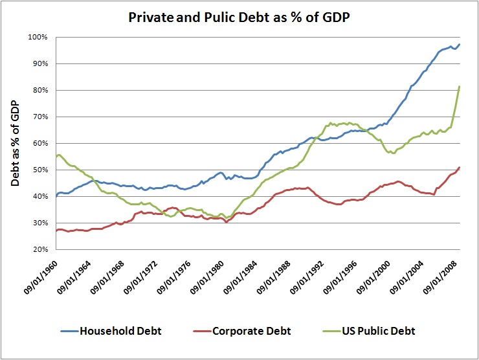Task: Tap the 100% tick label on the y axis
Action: click(x=38, y=37)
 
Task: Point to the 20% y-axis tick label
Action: click(x=39, y=249)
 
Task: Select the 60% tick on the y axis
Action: click(x=39, y=143)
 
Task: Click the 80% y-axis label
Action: click(x=39, y=90)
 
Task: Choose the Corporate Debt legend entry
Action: click(x=251, y=332)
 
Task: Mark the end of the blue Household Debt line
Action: click(x=460, y=44)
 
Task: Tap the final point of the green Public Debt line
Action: click(x=460, y=86)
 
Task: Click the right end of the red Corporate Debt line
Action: click(x=460, y=167)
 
